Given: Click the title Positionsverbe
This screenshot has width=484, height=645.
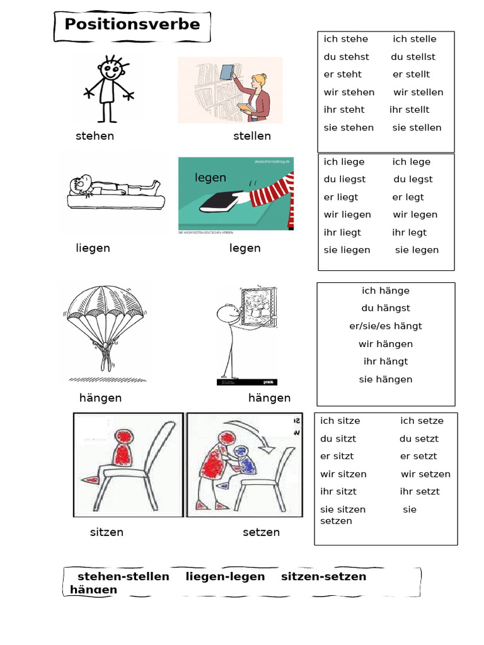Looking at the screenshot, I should (132, 25).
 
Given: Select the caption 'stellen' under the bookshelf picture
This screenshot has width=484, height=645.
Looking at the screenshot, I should (252, 136).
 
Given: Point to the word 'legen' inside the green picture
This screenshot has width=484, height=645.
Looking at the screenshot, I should (210, 178).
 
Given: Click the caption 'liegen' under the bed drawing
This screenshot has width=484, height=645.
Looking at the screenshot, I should (93, 248).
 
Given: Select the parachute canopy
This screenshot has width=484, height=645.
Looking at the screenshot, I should (106, 309).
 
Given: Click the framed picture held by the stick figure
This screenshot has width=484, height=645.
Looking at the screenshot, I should (258, 307).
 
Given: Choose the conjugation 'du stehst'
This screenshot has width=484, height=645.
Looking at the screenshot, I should (346, 57).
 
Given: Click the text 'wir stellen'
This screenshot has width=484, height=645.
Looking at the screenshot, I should (418, 92).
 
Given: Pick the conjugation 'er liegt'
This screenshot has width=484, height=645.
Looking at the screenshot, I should (341, 197).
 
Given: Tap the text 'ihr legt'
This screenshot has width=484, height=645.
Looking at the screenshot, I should (409, 232).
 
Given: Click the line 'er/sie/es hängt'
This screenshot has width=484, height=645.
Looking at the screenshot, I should (386, 326).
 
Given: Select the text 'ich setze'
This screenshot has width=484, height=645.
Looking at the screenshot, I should (422, 421).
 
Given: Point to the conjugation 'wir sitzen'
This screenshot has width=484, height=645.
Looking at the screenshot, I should (343, 474).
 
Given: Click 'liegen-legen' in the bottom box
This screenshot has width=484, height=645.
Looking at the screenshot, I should (225, 577).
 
